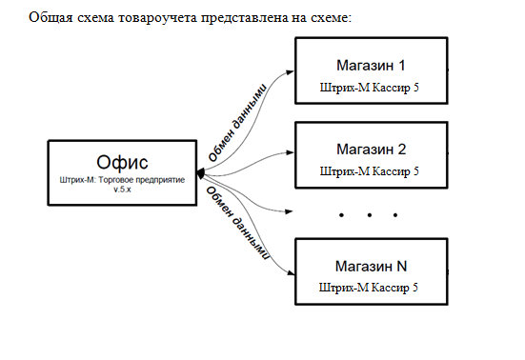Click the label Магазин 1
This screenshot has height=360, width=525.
(371, 66)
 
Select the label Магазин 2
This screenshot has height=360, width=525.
(371, 150)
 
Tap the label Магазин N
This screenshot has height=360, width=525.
(371, 265)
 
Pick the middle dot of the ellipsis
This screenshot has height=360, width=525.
(368, 216)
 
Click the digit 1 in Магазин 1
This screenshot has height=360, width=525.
(401, 66)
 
